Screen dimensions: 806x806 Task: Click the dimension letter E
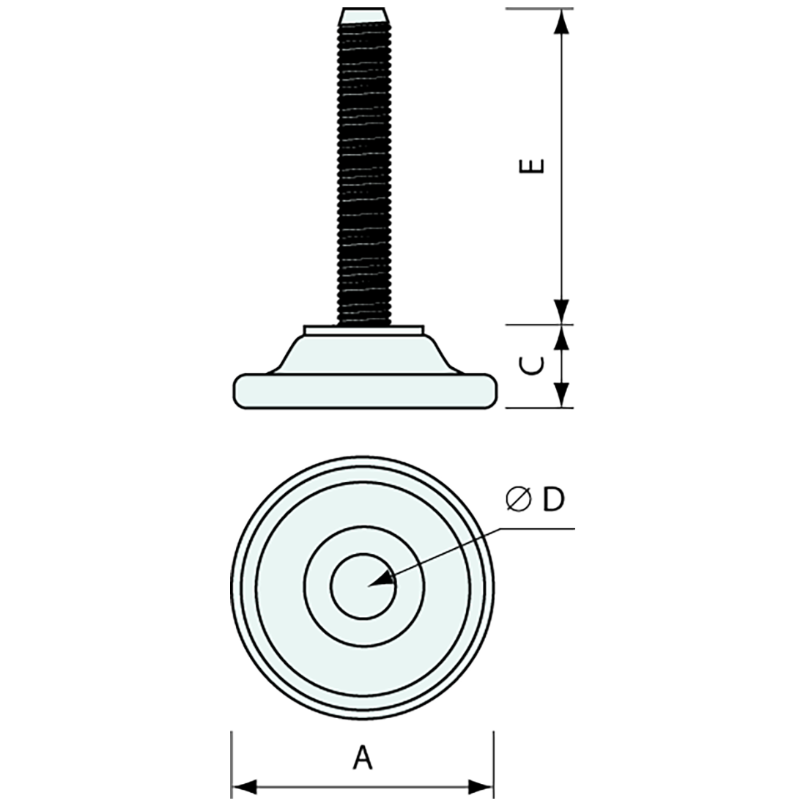(x=537, y=166)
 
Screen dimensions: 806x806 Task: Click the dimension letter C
(x=537, y=366)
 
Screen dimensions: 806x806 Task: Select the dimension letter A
(x=363, y=758)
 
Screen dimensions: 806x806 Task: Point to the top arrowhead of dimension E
(x=561, y=22)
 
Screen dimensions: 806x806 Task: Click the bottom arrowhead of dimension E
(x=561, y=311)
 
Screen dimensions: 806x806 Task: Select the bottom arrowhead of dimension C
(x=561, y=395)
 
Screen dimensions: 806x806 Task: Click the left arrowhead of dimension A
(x=245, y=788)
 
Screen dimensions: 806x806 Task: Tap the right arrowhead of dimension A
(x=481, y=788)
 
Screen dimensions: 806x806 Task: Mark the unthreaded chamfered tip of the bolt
(x=365, y=15)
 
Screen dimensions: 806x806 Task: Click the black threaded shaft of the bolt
(x=365, y=169)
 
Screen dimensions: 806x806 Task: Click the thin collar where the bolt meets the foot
(x=365, y=330)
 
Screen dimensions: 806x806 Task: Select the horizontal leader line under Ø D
(x=539, y=528)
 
